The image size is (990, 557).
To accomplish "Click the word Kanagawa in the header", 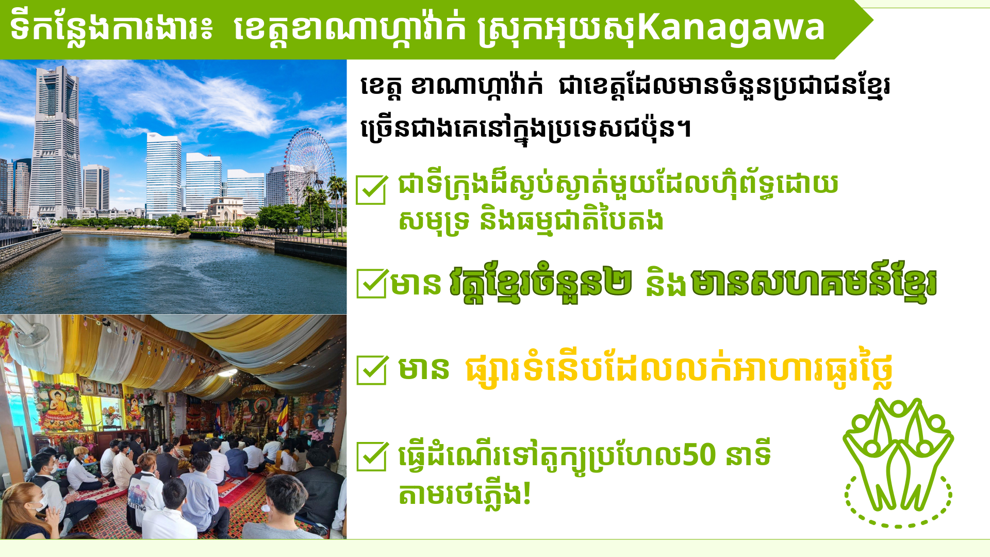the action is click(731, 28).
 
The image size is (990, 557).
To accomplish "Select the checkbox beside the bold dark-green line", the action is click(371, 283).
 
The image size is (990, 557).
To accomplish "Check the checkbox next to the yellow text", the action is click(372, 369).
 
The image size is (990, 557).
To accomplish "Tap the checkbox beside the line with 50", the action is click(372, 456).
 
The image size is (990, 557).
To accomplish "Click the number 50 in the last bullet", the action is click(699, 454).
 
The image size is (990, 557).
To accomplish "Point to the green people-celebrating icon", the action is click(898, 454).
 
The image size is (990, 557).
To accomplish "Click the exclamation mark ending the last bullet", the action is click(526, 494).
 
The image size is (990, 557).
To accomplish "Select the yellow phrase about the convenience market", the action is click(679, 370).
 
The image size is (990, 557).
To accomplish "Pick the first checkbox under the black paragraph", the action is click(371, 189).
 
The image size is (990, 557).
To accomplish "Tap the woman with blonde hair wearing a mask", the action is click(28, 511).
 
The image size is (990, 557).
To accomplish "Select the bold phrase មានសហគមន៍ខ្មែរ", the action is click(814, 283).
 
